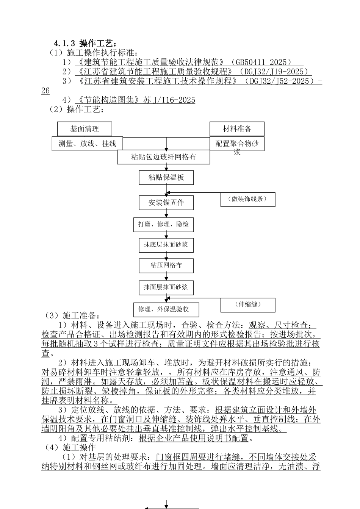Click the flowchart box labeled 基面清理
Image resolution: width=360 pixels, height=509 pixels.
tap(85, 129)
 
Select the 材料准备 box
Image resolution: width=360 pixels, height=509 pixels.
tap(237, 129)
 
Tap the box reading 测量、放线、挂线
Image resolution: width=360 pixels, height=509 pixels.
tap(87, 144)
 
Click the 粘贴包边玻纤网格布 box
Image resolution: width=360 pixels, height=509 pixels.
tap(163, 157)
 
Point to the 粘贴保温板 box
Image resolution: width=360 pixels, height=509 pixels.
tap(166, 178)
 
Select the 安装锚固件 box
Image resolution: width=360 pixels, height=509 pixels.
tap(166, 203)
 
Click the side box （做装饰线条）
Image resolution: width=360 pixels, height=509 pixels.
tap(248, 199)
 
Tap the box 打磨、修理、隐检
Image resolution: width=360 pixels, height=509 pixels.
tap(164, 224)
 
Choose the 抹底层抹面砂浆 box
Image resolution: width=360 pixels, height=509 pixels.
tap(166, 245)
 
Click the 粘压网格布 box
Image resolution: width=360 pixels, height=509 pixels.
tap(166, 265)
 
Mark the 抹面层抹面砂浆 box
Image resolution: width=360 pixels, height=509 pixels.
tap(166, 287)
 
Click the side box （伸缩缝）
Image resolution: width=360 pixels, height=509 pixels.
tap(248, 304)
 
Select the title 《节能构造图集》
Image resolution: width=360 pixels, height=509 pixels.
tap(108, 100)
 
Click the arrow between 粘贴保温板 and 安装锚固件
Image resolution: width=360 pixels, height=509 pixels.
tap(166, 190)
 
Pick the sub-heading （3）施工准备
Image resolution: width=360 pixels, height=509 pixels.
tap(72, 315)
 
